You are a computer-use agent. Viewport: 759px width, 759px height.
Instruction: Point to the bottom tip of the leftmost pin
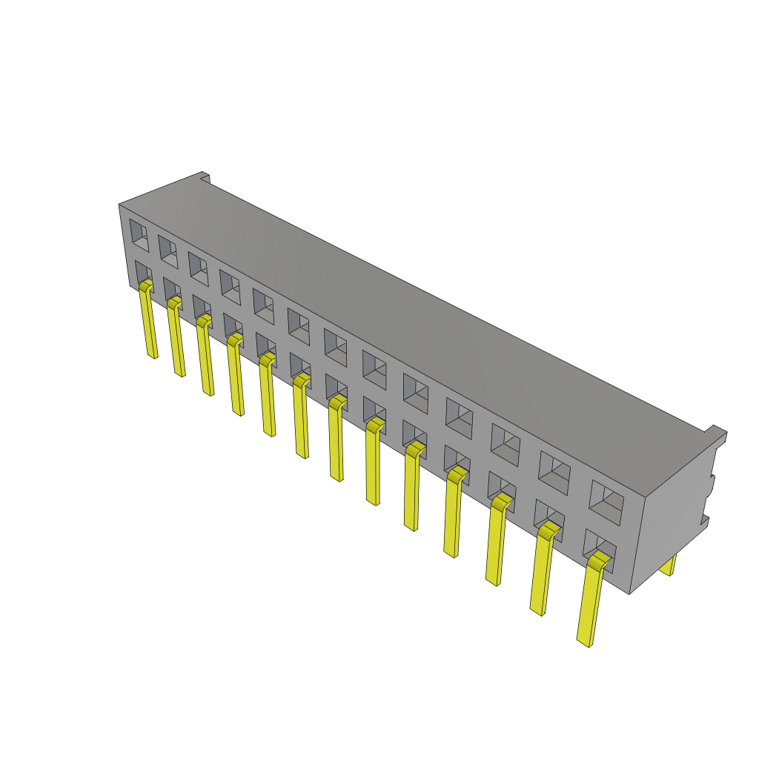(x=154, y=356)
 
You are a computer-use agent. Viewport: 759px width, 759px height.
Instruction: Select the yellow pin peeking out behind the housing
(x=669, y=566)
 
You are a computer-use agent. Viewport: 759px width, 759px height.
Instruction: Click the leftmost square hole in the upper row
(x=139, y=234)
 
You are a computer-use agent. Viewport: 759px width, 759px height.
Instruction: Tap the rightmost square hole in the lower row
(x=597, y=544)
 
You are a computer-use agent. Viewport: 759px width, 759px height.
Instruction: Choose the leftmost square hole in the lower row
(x=142, y=273)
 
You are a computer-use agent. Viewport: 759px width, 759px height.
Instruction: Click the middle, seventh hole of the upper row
(x=335, y=347)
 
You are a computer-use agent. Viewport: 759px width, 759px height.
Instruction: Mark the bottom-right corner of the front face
(x=630, y=594)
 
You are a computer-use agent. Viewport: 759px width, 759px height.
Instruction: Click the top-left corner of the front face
(x=119, y=205)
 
